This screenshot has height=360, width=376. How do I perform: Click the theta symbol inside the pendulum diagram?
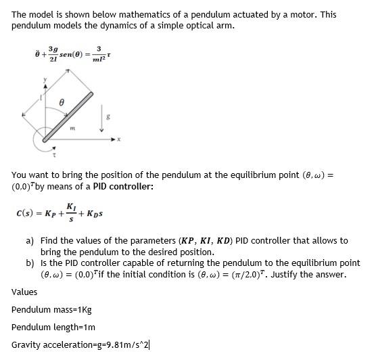(62, 100)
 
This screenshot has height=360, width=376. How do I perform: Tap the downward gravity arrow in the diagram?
(103, 118)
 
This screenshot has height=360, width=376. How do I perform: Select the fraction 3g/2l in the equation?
(53, 53)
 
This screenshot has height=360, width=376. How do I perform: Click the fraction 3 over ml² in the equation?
(99, 53)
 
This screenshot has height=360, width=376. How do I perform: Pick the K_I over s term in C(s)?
(70, 211)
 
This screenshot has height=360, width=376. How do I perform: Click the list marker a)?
(30, 240)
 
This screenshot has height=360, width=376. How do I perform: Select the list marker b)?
(30, 263)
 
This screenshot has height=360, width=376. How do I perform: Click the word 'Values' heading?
(24, 292)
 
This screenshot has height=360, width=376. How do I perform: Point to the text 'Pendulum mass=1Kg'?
(51, 310)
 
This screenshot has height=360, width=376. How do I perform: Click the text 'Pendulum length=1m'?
(54, 328)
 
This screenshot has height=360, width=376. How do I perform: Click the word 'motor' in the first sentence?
(281, 14)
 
